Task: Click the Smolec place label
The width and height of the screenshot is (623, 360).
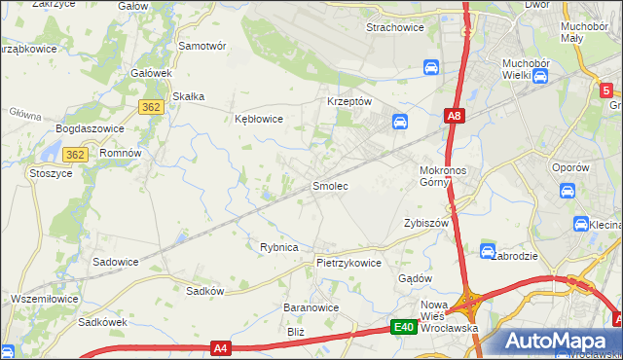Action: pyautogui.click(x=329, y=185)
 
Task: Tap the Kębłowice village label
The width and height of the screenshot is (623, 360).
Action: pyautogui.click(x=259, y=119)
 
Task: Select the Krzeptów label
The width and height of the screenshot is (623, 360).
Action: pyautogui.click(x=349, y=101)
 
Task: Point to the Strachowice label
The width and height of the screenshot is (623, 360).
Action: pyautogui.click(x=394, y=27)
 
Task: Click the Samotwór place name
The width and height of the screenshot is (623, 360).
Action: pyautogui.click(x=202, y=46)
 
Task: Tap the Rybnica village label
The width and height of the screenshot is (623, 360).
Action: pyautogui.click(x=278, y=247)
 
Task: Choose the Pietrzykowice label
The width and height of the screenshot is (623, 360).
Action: pyautogui.click(x=348, y=263)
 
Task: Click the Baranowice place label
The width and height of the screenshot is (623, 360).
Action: pyautogui.click(x=311, y=307)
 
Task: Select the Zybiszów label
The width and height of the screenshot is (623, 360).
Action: pyautogui.click(x=425, y=223)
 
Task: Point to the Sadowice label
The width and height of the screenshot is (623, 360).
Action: pyautogui.click(x=115, y=262)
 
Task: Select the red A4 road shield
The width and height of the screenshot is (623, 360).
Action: pyautogui.click(x=221, y=347)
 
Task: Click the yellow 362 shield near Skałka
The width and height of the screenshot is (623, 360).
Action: pyautogui.click(x=150, y=108)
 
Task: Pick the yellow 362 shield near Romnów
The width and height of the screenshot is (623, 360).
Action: pyautogui.click(x=76, y=155)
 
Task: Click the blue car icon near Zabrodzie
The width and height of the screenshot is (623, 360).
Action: pyautogui.click(x=488, y=251)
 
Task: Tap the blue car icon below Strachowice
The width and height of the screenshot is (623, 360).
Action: pyautogui.click(x=430, y=67)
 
